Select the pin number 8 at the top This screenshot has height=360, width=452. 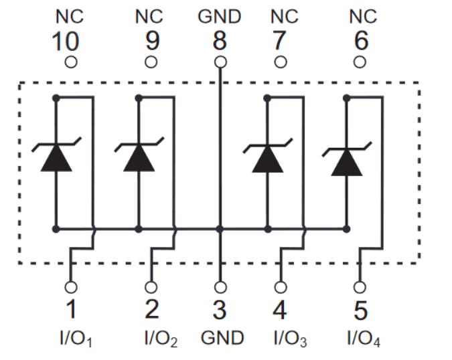[220, 41]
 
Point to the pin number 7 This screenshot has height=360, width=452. [280, 42]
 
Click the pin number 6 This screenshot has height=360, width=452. [360, 42]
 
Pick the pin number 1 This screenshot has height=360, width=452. [70, 310]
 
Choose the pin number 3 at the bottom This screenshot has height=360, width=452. [220, 310]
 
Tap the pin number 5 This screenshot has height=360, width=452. [360, 310]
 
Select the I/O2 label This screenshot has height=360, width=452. [160, 339]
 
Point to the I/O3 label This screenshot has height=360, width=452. [290, 339]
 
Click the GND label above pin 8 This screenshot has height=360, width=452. [220, 16]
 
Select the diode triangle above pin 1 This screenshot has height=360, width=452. [56, 158]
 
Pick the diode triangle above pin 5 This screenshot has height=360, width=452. [347, 161]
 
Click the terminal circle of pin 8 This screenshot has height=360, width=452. [220, 62]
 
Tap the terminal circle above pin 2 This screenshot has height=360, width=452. [151, 286]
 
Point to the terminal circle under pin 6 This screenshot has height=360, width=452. [360, 62]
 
